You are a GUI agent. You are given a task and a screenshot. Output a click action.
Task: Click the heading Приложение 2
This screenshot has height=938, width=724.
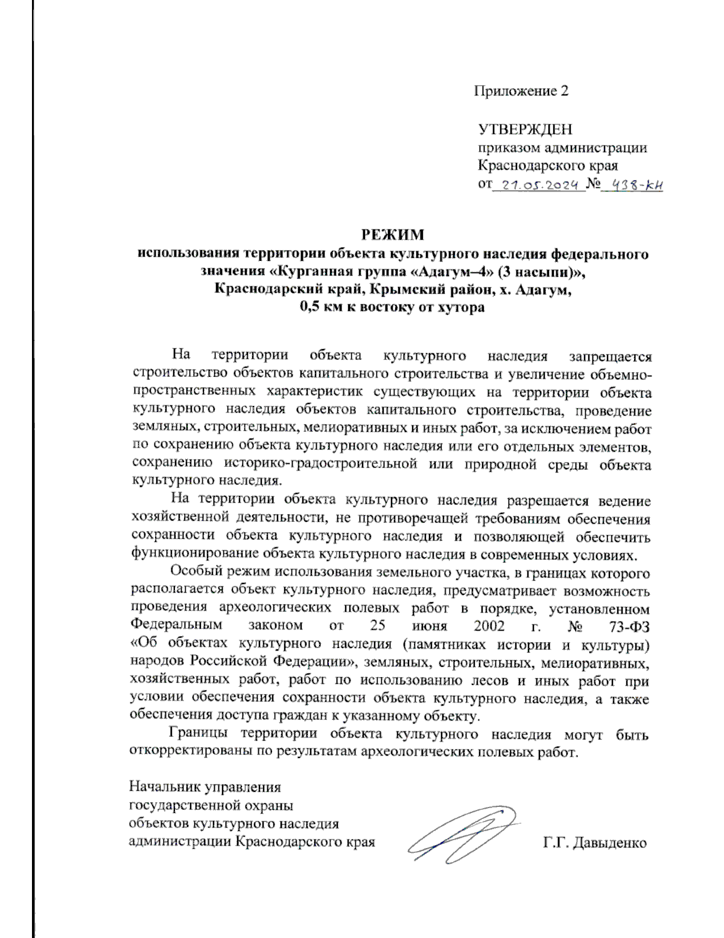521,91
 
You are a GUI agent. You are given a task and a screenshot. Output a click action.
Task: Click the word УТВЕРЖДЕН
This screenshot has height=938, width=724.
525,129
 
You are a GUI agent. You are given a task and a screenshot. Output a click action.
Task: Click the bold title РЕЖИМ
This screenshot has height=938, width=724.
393,234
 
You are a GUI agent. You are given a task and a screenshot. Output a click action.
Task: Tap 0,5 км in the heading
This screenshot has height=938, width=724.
320,307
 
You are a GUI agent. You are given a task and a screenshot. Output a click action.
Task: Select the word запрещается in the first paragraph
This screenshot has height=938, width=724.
610,356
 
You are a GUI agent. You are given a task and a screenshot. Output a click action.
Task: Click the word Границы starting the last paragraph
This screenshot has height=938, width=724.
198,734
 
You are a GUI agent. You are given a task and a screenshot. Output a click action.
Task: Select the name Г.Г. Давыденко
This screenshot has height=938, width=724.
594,843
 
